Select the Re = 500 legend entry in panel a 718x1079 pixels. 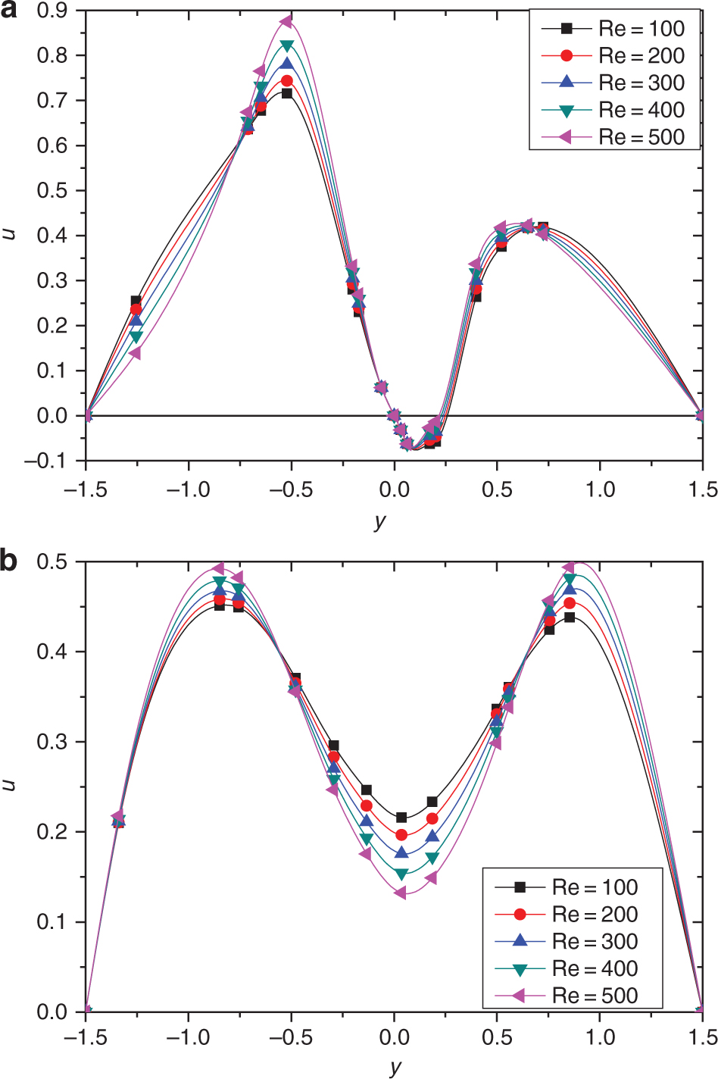(614, 137)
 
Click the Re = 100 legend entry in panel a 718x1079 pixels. (614, 29)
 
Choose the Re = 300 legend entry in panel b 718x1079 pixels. (567, 941)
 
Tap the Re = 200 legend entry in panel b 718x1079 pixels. (567, 914)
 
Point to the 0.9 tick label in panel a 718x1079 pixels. (52, 11)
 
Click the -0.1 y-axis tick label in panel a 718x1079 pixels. (45, 461)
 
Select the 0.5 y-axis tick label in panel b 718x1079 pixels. (52, 561)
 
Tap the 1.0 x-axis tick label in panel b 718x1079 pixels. (600, 1037)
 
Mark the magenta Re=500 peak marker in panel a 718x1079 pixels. (286, 22)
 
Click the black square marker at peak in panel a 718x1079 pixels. (287, 93)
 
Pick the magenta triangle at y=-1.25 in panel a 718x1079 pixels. (135, 353)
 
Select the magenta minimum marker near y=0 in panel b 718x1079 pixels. (400, 893)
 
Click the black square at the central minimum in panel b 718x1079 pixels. (401, 818)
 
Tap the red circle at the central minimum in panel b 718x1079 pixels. (401, 835)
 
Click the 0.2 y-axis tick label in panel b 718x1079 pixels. (52, 832)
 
